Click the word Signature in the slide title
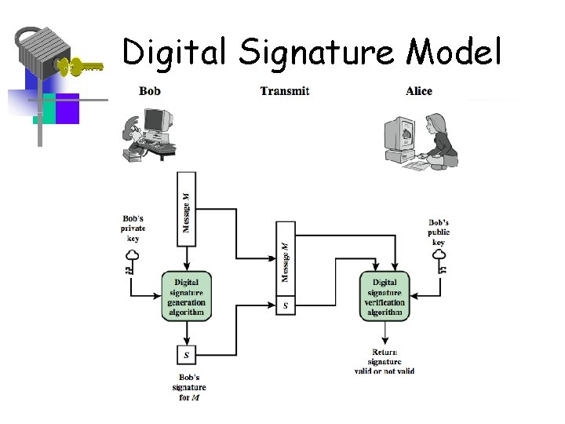click(x=318, y=53)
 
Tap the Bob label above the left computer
click(x=150, y=91)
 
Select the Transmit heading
click(x=285, y=91)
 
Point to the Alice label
click(x=419, y=91)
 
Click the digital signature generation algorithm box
click(x=186, y=297)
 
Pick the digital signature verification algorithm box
click(x=385, y=297)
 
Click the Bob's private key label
click(x=133, y=228)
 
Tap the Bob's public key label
click(x=439, y=232)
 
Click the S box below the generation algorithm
click(x=186, y=356)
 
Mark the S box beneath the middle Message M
click(x=286, y=305)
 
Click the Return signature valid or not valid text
click(x=384, y=361)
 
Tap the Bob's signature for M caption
click(x=188, y=387)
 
